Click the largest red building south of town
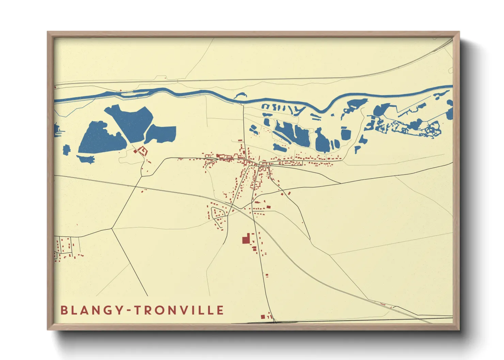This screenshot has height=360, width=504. (246, 240)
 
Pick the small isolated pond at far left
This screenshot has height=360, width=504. (66, 149)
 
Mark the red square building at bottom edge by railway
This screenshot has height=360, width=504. (263, 317)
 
